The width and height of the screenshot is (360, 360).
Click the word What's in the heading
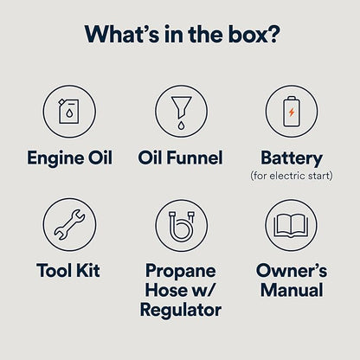[122, 34]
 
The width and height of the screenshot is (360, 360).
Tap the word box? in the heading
[254, 34]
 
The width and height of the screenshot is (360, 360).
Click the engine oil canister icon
[69, 111]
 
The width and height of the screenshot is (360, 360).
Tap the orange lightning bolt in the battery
[292, 112]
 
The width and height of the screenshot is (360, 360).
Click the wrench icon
[69, 225]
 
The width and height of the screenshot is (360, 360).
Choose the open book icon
[291, 226]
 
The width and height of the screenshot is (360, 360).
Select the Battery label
[292, 158]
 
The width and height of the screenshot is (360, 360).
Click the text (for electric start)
[292, 176]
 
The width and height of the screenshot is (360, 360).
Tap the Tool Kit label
[68, 270]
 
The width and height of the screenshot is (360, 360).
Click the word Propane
[181, 271]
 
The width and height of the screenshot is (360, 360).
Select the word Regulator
[181, 310]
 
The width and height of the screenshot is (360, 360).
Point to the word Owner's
[292, 270]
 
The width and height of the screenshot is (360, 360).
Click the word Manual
[292, 290]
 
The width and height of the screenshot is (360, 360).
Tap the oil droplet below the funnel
[181, 125]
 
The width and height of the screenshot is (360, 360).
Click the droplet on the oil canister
[69, 113]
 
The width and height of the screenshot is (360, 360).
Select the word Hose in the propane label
[165, 290]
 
